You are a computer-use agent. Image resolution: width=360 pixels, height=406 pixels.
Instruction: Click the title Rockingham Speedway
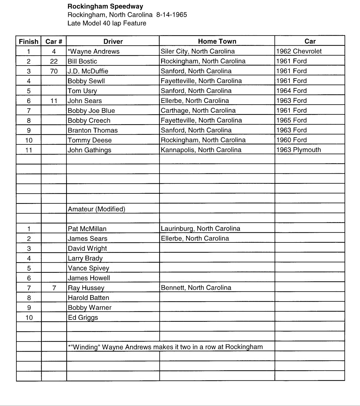(x=105, y=6)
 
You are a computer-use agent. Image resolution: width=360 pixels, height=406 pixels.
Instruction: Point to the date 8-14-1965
(x=172, y=15)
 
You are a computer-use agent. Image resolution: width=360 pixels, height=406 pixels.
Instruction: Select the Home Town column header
(x=217, y=41)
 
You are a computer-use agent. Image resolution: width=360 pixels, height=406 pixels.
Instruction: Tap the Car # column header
(x=54, y=42)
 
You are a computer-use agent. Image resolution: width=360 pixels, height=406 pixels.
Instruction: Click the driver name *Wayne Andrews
(x=94, y=52)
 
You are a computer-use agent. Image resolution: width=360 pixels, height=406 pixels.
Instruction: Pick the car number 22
(x=54, y=61)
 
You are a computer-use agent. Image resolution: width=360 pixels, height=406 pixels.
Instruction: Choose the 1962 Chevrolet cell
(x=299, y=51)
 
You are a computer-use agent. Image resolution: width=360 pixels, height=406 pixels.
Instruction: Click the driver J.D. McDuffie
(x=88, y=71)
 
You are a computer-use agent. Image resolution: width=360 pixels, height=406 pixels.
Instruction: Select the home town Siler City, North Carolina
(x=197, y=51)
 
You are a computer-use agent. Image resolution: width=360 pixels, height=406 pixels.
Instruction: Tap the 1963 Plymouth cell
(x=298, y=150)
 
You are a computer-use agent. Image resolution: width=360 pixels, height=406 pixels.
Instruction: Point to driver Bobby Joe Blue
(x=91, y=111)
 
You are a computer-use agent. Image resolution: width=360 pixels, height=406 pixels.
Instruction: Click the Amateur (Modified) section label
(x=96, y=209)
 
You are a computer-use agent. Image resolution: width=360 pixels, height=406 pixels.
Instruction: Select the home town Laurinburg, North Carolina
(x=200, y=229)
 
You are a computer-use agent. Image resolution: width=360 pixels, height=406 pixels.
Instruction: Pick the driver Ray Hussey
(x=86, y=288)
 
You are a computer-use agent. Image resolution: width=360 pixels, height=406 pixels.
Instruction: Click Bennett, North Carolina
(x=196, y=288)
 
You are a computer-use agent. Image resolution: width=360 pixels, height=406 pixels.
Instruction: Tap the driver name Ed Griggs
(x=83, y=318)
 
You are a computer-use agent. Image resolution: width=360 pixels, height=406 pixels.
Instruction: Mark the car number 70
(x=54, y=71)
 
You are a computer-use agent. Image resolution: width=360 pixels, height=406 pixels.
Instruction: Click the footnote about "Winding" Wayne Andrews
(x=165, y=347)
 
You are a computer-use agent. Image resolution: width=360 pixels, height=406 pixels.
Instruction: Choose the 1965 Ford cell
(x=291, y=120)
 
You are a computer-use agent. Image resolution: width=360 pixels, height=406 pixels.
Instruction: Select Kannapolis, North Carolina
(x=201, y=150)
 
